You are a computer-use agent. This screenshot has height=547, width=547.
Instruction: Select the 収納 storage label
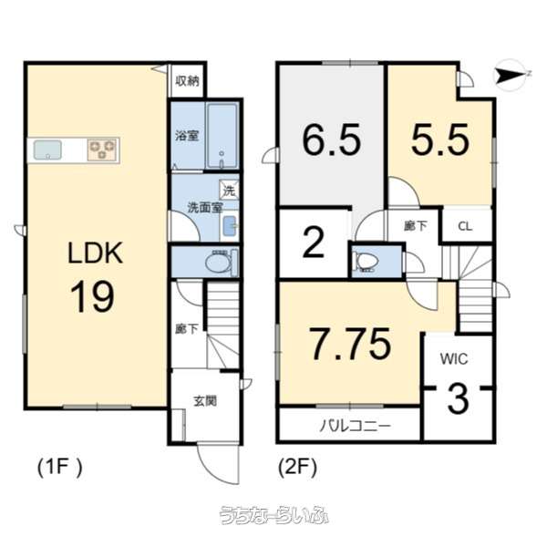coord(187,81)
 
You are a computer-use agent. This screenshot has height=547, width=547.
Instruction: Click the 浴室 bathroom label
coord(188,136)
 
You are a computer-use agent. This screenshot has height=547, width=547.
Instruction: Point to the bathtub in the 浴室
coord(222,136)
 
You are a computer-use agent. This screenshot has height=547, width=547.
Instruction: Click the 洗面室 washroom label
coord(204,208)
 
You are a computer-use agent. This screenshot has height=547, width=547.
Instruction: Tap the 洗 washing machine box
coord(229,191)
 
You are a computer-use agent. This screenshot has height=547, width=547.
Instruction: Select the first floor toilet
coord(219,263)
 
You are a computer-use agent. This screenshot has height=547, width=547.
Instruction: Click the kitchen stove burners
coord(102,149)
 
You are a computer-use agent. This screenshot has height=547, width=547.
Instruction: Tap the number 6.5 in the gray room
coord(331,140)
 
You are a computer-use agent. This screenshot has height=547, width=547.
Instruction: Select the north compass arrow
coord(511,76)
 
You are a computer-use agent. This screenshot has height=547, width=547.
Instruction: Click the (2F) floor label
coord(297,468)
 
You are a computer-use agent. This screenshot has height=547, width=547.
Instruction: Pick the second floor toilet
coord(366,262)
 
